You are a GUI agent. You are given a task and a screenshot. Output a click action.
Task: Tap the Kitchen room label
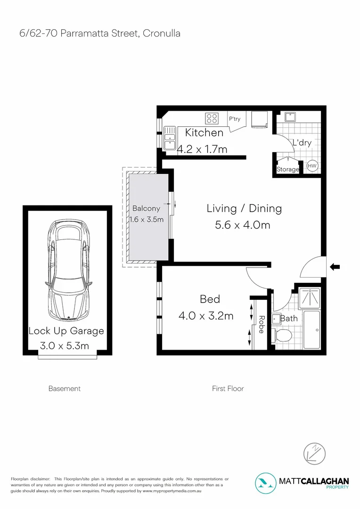tap(204, 132)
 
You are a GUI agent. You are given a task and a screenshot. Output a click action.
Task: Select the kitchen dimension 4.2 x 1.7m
tap(202, 149)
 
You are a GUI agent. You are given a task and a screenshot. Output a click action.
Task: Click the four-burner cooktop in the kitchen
tap(212, 117)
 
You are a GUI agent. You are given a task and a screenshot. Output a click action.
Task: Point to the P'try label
tap(234, 119)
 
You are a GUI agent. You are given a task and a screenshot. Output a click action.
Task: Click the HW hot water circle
tap(312, 166)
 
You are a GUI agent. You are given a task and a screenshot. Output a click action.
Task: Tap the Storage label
tap(287, 169)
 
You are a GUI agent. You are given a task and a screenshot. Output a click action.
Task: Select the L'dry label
tap(302, 143)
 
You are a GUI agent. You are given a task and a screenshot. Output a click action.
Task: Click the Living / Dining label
tap(244, 208)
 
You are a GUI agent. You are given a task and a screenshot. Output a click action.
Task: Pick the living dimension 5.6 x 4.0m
tap(242, 225)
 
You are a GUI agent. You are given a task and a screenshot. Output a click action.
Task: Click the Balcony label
tap(146, 208)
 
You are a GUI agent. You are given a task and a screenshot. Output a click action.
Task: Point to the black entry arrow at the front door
tap(335, 267)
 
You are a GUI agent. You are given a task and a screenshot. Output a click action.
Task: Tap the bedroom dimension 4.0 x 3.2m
tap(206, 316)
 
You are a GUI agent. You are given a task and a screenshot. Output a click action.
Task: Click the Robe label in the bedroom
tap(261, 325)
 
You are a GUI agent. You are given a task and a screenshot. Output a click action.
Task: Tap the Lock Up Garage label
tap(66, 331)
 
